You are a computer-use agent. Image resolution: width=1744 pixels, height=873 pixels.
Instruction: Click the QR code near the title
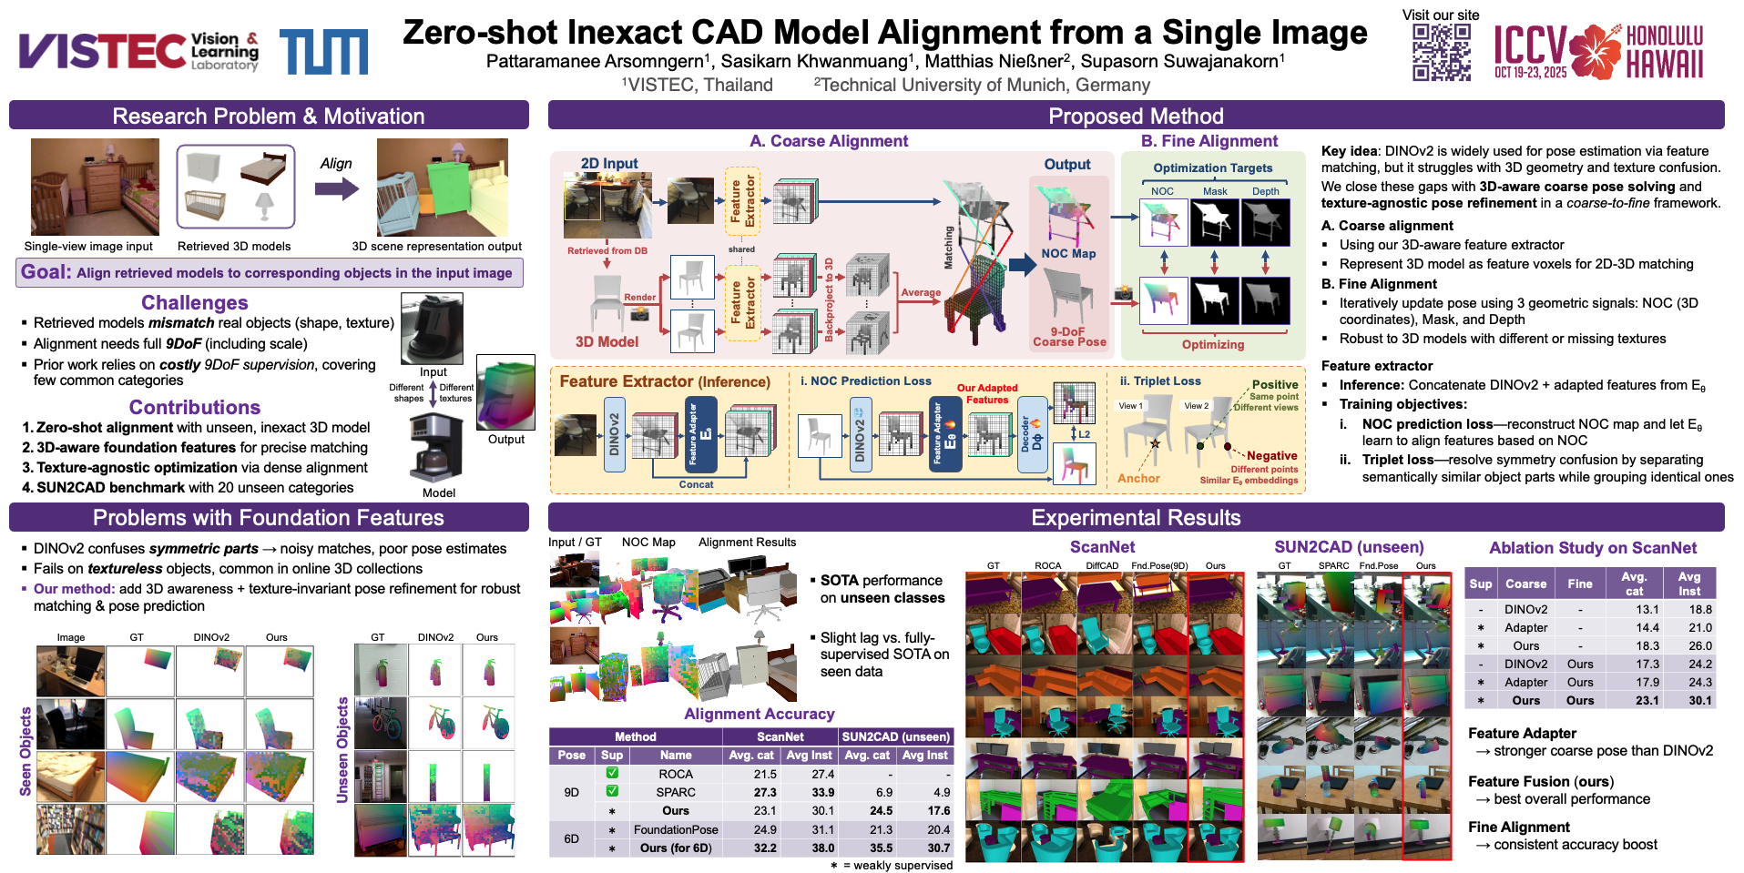(x=1441, y=53)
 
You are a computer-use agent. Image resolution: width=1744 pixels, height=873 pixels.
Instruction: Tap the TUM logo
(x=323, y=52)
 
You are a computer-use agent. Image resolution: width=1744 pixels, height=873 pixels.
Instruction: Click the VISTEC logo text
(x=102, y=51)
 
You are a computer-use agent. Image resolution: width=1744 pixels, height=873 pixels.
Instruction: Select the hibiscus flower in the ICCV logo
(x=1596, y=52)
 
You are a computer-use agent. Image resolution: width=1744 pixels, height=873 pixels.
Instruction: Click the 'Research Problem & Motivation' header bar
(x=269, y=116)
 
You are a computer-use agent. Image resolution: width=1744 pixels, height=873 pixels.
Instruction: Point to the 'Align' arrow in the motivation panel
(x=336, y=188)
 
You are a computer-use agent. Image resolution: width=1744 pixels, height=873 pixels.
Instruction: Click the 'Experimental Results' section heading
(x=1135, y=518)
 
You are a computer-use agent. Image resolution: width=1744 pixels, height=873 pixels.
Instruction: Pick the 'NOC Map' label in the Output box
(x=1068, y=254)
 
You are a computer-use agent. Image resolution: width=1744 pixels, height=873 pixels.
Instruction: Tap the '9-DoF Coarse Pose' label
(x=1069, y=337)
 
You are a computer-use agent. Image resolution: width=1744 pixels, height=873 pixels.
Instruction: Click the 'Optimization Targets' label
(x=1212, y=168)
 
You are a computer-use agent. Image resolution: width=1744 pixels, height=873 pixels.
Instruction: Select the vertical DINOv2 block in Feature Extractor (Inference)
(x=615, y=433)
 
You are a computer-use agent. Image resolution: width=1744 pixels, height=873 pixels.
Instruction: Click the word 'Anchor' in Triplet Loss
(x=1138, y=478)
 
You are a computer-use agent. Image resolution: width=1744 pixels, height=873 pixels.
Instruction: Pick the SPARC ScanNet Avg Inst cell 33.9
(x=822, y=792)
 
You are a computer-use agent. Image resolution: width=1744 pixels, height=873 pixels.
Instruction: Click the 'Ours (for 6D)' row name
(x=675, y=848)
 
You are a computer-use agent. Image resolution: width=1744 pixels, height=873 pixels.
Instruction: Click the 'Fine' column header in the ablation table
(x=1579, y=584)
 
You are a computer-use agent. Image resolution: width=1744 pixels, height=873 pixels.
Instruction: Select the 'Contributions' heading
(x=194, y=408)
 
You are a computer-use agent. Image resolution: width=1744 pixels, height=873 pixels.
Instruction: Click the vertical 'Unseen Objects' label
(x=343, y=750)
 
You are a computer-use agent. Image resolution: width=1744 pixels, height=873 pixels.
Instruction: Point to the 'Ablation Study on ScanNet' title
(x=1592, y=548)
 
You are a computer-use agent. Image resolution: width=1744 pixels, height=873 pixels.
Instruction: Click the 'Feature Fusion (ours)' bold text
(x=1540, y=781)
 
